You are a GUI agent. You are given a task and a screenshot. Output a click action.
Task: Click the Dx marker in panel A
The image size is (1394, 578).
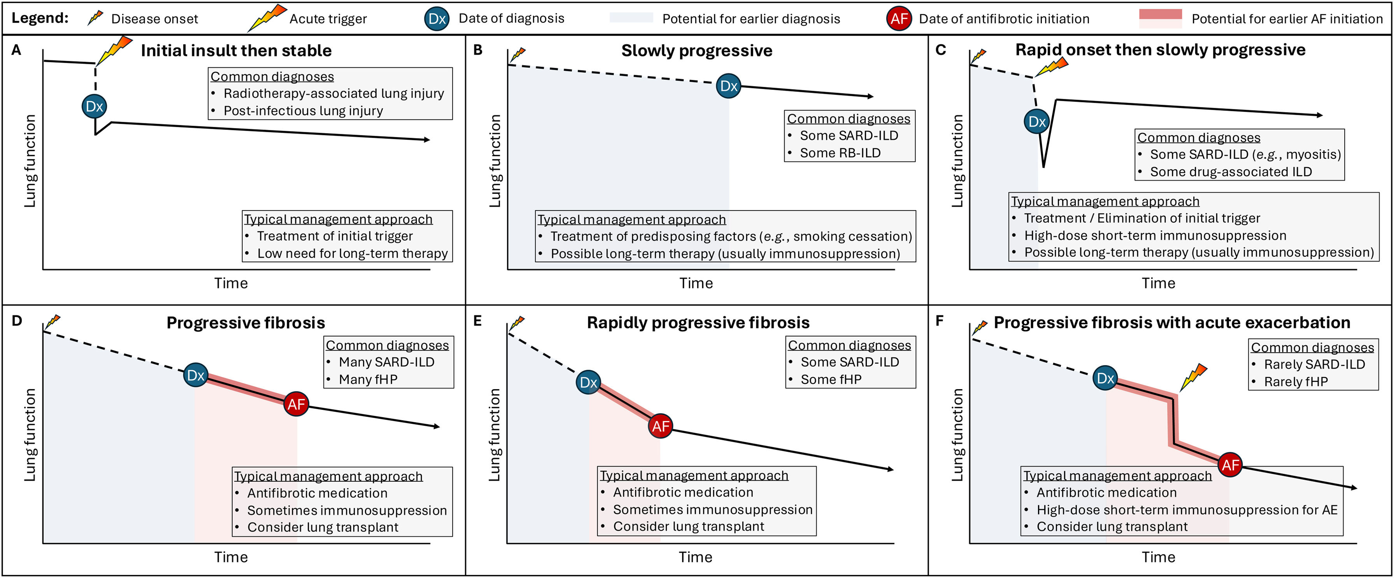(94, 106)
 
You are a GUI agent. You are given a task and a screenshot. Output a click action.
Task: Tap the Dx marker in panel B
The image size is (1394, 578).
(728, 86)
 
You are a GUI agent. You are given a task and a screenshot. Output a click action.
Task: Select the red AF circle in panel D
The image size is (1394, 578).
(296, 404)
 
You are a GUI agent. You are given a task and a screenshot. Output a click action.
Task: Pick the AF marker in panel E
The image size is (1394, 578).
(660, 426)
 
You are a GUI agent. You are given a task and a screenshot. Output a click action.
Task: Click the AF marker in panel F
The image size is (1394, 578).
(1230, 464)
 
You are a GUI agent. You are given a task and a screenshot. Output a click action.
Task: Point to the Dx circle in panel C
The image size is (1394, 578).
(1037, 121)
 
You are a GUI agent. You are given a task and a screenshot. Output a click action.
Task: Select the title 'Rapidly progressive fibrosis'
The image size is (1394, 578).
(698, 323)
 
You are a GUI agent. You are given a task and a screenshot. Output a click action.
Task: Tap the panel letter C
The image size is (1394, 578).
(940, 50)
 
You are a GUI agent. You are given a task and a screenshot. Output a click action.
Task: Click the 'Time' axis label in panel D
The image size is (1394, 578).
(231, 557)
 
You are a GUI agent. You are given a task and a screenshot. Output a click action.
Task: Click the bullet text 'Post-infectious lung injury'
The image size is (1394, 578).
(303, 111)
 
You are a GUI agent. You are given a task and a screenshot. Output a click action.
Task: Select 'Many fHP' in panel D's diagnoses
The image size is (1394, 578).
(368, 379)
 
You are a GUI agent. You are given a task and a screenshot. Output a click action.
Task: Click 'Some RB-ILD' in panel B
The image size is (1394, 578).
(840, 153)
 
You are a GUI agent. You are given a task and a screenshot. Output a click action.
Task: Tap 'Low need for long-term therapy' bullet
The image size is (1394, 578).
(352, 253)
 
